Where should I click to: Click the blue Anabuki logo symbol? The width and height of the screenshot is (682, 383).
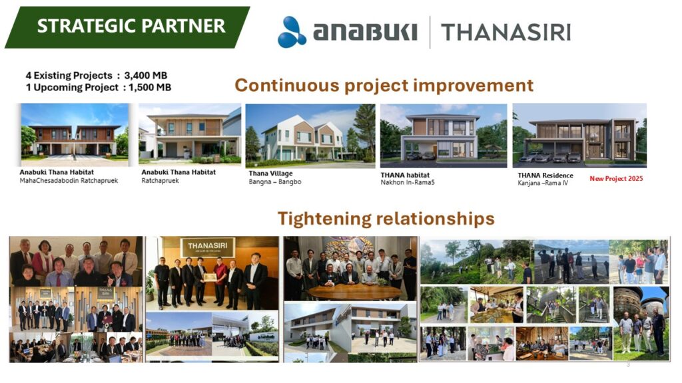tap(292, 32)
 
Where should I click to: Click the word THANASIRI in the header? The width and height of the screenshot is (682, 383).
tap(506, 33)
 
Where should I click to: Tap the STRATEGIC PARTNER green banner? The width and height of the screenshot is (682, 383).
tap(127, 27)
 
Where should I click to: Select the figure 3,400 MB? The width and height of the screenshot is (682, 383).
tap(146, 76)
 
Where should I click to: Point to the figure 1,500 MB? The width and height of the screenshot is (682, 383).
tap(150, 87)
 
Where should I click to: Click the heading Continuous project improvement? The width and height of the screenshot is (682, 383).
tap(384, 86)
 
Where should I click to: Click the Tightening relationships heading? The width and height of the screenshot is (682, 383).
tap(386, 218)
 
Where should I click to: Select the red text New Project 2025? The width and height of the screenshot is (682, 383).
tap(616, 178)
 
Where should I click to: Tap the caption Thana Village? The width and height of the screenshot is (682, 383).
tap(270, 174)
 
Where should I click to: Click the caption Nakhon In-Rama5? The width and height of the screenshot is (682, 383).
tap(408, 182)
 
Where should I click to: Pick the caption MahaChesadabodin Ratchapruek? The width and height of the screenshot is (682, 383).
tap(69, 181)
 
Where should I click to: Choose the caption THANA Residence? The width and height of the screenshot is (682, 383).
tap(545, 176)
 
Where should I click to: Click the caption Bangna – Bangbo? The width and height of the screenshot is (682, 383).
tap(275, 182)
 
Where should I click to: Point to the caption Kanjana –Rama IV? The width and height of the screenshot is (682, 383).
tap(543, 184)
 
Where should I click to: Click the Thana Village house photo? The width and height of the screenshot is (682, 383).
tap(310, 136)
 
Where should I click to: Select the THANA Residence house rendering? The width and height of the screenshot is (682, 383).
tap(579, 136)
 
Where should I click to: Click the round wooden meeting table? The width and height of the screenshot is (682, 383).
tap(354, 292)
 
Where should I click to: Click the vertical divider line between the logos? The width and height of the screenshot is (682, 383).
tap(430, 32)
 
